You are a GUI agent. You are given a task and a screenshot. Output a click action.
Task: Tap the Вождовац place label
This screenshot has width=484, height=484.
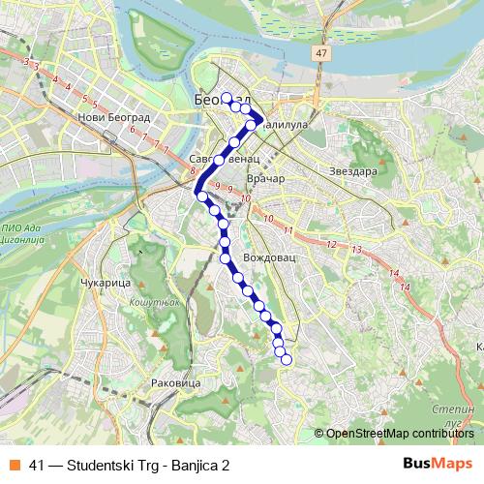266,259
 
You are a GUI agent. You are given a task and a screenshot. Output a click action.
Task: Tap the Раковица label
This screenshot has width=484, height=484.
176,383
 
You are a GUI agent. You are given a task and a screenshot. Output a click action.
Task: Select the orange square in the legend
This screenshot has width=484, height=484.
14,465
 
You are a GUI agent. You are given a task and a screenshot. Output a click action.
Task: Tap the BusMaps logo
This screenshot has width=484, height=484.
437,464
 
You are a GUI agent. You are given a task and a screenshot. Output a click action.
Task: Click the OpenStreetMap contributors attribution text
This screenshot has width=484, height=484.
399,434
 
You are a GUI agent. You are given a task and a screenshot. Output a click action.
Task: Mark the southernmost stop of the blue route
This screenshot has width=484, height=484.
286,360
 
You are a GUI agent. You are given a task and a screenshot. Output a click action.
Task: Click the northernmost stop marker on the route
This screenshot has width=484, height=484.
227,98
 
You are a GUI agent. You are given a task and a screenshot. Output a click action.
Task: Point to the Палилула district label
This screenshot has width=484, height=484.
285,125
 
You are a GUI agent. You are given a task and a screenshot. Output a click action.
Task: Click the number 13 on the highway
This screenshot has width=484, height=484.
356,250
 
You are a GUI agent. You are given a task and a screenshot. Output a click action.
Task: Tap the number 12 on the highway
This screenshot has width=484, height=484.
332,244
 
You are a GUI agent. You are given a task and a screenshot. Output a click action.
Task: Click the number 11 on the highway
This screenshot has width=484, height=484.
288,229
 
